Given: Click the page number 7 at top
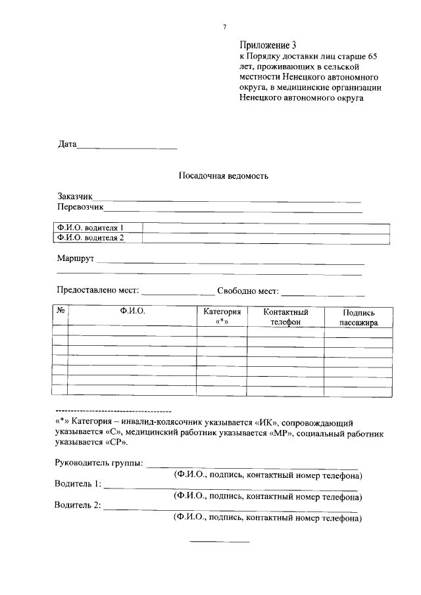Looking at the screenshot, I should click(x=224, y=27).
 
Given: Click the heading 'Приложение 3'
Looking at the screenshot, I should click(x=268, y=45).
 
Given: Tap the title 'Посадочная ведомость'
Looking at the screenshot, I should click(x=224, y=176).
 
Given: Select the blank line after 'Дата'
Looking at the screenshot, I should click(x=128, y=145).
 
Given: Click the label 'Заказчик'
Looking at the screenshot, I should click(x=76, y=197).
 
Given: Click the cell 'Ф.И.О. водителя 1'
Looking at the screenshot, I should click(x=91, y=228).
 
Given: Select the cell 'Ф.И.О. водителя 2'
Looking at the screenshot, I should click(x=91, y=238).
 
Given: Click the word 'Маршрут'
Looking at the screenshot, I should click(x=76, y=259).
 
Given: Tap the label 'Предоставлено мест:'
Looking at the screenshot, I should click(x=97, y=291).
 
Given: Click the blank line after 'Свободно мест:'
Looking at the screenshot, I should click(x=323, y=291).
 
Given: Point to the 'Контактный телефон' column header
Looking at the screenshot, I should click(x=285, y=316).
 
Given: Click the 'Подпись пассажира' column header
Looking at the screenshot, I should click(x=359, y=316).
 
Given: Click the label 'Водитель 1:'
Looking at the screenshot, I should click(x=77, y=485).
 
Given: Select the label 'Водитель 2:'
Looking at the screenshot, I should click(x=78, y=506).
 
